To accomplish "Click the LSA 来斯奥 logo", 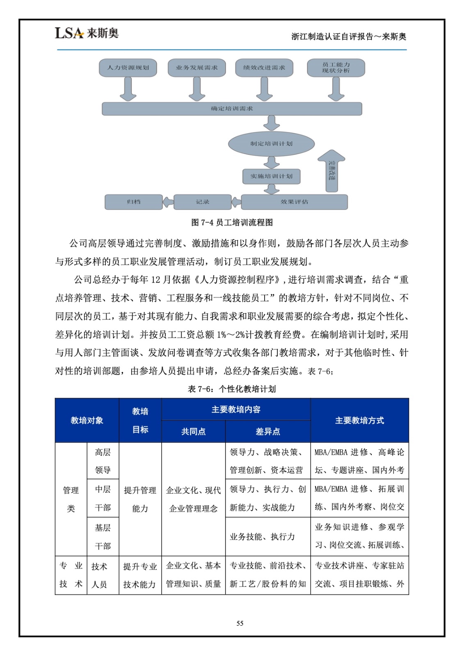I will coord(87,33).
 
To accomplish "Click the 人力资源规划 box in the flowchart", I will coord(128,68).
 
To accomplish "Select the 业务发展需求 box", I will coord(197,68).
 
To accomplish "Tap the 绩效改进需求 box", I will coord(264,68).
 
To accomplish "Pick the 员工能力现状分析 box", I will coord(336,68).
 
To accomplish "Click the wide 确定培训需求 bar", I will coord(232,109).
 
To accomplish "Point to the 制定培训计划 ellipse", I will coord(271,143).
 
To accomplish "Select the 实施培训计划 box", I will coord(271,176).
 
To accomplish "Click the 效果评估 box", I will coord(294,202).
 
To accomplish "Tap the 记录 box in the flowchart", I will coord(202,202).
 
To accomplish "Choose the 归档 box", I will coord(134,202).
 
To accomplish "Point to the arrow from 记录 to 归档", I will coord(168,202).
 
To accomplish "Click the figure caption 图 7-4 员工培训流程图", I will coord(232,223).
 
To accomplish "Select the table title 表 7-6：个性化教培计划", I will coord(232,389).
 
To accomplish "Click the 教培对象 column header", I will coord(87,420).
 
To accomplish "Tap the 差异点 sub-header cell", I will coord(267,431).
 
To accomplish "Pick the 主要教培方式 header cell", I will coord(359,420).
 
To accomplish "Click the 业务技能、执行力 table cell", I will coord(263,537).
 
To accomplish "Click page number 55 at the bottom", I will coord(240,623).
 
